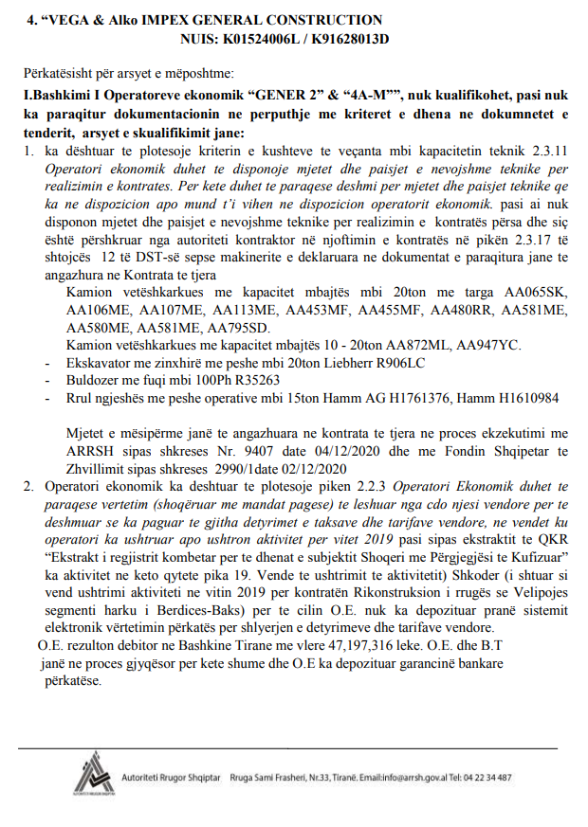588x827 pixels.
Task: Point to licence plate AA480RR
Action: pos(464,310)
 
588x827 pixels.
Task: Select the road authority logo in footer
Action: pos(92,776)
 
